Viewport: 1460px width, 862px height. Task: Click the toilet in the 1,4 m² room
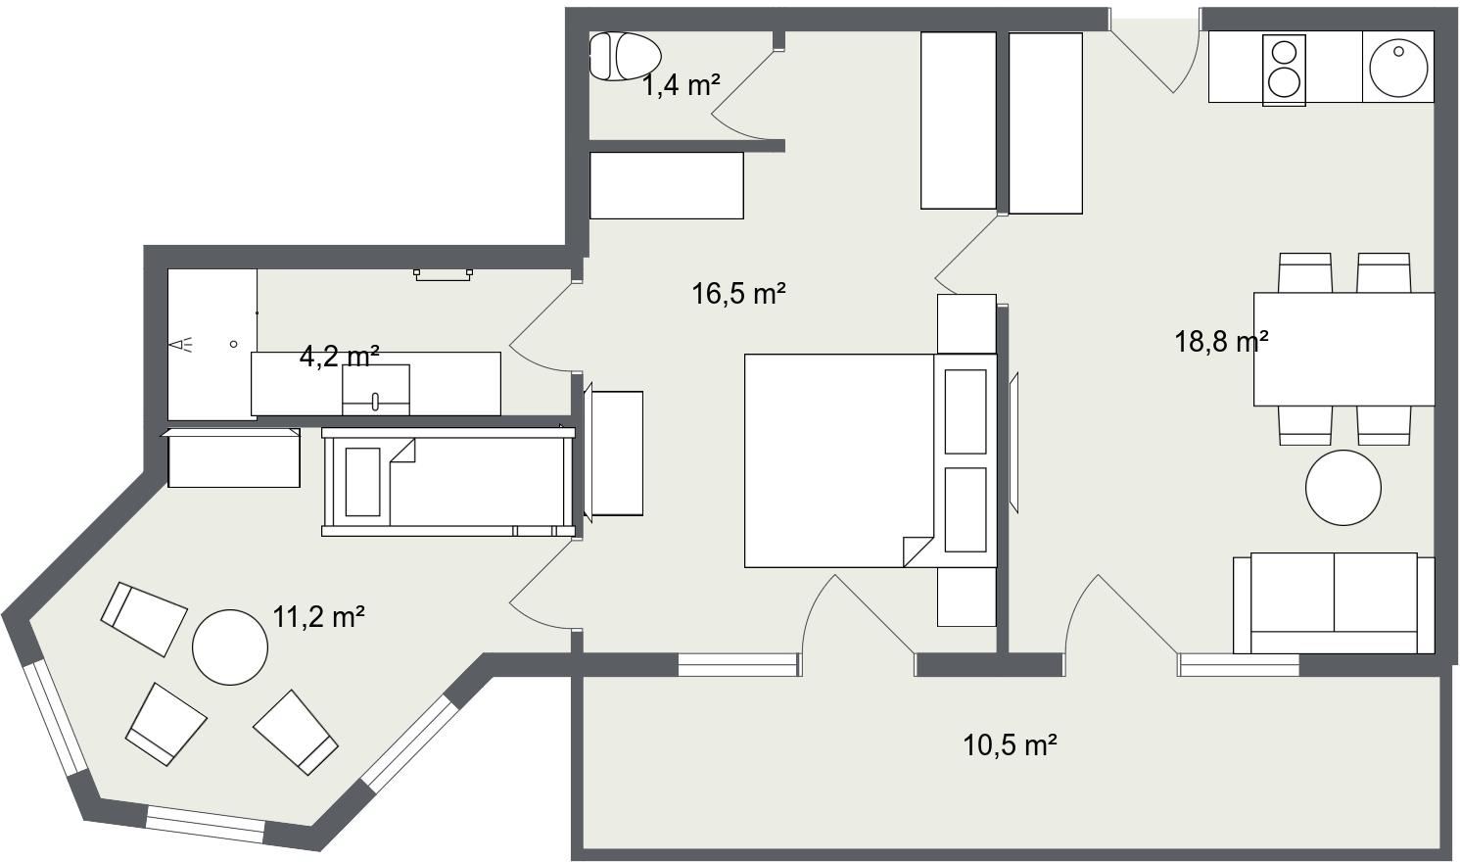coord(625,56)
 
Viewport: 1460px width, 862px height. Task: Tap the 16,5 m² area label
coord(738,294)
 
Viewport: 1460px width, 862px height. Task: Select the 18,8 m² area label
coord(1221,342)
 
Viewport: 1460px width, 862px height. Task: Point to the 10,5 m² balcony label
coord(1010,744)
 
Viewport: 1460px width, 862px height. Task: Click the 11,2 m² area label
coord(318,617)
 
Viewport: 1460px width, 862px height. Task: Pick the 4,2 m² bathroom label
coord(339,357)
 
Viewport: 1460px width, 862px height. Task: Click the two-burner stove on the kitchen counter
coord(1284,70)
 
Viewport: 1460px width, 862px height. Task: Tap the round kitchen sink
coord(1398,68)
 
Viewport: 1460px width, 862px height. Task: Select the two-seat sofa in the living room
coord(1334,603)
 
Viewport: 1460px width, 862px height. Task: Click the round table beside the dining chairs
coord(1343,487)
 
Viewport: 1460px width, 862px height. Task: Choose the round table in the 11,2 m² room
coord(230,646)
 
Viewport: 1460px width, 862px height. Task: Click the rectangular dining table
coord(1344,349)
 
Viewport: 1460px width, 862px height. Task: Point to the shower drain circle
coord(234,344)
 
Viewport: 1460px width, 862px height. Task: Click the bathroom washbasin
coord(376,390)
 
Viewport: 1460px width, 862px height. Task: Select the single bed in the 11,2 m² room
coord(448,482)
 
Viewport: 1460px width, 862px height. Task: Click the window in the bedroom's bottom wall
coord(739,665)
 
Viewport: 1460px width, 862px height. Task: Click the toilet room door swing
coord(747,86)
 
